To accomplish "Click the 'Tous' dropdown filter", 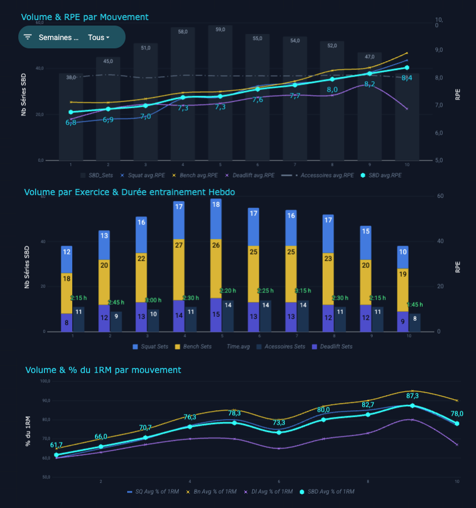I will (x=99, y=37).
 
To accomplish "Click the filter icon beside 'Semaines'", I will (x=28, y=37).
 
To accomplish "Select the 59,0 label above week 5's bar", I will (x=221, y=29).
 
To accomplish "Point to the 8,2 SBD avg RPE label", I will (x=369, y=84).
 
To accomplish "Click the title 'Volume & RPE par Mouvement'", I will (x=85, y=17).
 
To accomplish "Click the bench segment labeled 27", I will (x=179, y=245).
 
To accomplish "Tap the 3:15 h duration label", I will (x=303, y=291).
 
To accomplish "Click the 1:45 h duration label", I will (x=415, y=305).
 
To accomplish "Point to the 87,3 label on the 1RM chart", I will (x=413, y=396).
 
